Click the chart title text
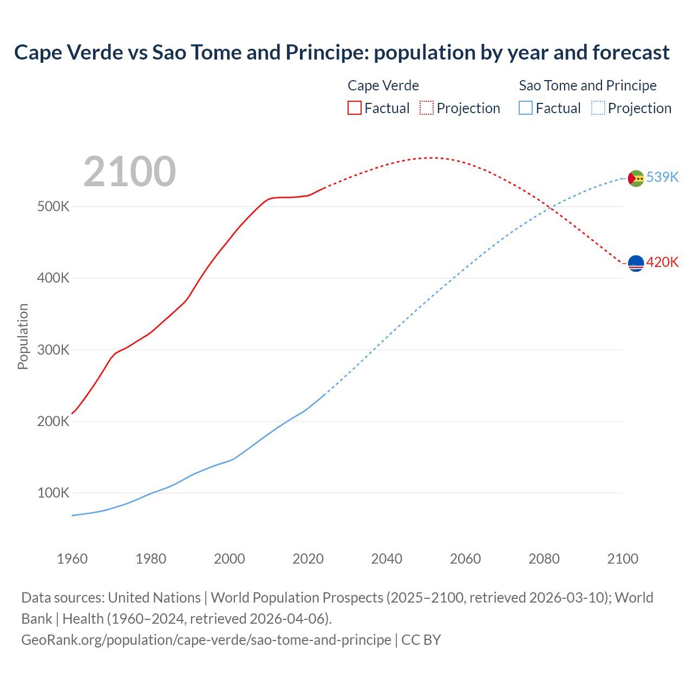coord(342,53)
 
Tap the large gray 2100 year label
coord(129,172)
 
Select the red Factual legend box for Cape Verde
coord(354,108)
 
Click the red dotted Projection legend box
coord(427,108)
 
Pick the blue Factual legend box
coord(525,108)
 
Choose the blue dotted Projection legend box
coord(598,108)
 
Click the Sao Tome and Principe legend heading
coord(587,86)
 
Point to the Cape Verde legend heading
coord(383,86)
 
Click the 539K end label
coord(662,178)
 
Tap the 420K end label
coord(662,263)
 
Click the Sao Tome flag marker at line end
coord(636,178)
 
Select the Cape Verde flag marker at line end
coord(636,264)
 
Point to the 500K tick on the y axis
coord(53,207)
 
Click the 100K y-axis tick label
coord(53,493)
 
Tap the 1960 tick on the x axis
coord(72,559)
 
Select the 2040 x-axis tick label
coord(387,559)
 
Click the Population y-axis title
coord(23,336)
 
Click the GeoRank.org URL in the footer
coord(206,640)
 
